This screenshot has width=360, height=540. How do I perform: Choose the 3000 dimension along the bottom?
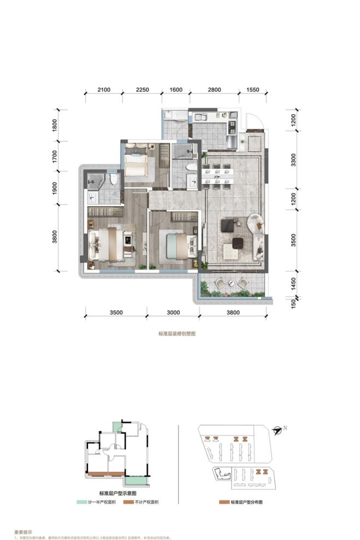click(x=173, y=313)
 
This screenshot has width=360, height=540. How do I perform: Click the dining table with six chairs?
click(x=217, y=175)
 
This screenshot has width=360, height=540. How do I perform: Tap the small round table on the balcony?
click(x=231, y=283)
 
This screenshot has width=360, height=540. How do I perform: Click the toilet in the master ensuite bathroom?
click(x=113, y=179)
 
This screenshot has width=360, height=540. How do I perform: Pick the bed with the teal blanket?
click(x=178, y=242)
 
